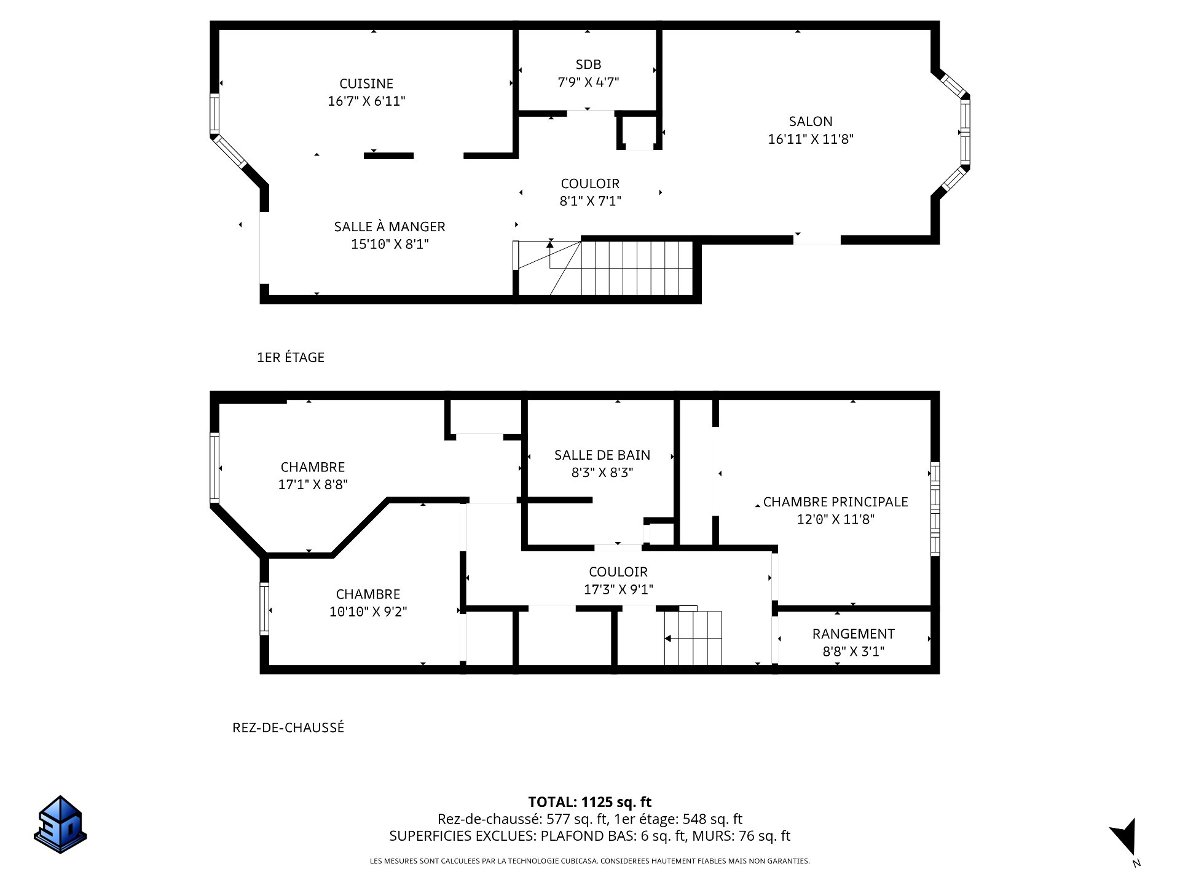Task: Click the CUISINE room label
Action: click(x=366, y=84)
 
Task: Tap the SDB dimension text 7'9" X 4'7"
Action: click(x=588, y=82)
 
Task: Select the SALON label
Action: click(x=811, y=122)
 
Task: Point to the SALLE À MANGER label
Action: click(x=390, y=227)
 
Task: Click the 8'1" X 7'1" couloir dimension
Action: click(x=591, y=201)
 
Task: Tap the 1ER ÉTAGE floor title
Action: click(x=291, y=357)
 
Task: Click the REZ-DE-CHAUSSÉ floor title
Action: click(x=288, y=728)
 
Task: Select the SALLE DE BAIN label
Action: click(x=602, y=455)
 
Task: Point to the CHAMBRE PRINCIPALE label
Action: click(x=836, y=502)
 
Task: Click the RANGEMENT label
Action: click(x=854, y=634)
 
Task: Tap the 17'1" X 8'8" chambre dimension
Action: click(x=313, y=484)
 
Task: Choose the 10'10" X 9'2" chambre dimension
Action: click(x=368, y=612)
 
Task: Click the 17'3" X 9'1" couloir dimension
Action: click(x=618, y=589)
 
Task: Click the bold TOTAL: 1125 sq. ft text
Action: click(x=590, y=802)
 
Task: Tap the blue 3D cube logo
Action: click(x=60, y=824)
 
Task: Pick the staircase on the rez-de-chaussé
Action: click(x=693, y=637)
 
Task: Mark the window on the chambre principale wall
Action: click(x=935, y=509)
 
